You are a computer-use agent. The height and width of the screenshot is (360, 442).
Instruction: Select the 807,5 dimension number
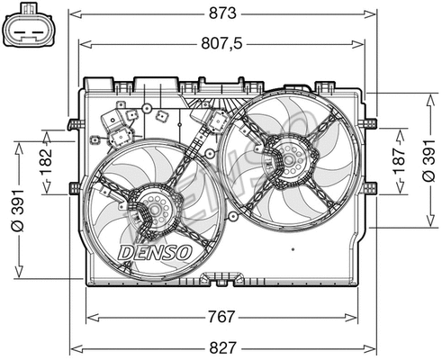[x=223, y=41]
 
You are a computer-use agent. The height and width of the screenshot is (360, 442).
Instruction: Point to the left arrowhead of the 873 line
[x=74, y=13]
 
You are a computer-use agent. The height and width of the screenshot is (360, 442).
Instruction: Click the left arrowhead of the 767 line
[x=89, y=316]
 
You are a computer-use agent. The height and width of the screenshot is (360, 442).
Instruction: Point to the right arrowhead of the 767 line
[x=355, y=316]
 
